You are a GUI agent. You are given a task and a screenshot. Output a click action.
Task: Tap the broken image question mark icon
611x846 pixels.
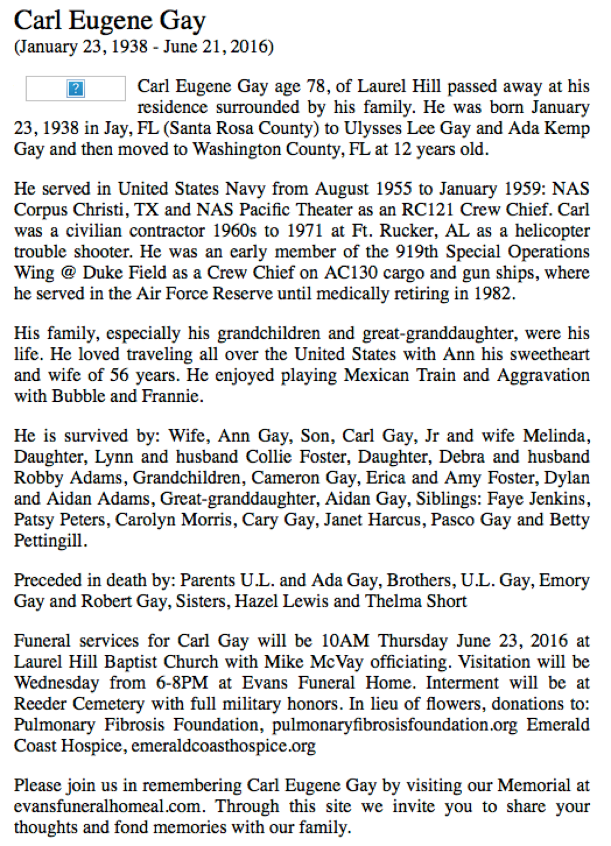[76, 88]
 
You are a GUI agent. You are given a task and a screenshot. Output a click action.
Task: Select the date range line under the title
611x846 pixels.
[143, 47]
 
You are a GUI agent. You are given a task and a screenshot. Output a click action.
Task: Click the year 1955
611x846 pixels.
[396, 189]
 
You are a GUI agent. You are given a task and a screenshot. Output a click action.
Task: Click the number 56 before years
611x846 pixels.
[119, 375]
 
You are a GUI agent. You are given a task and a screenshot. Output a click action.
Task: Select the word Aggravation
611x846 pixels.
[543, 375]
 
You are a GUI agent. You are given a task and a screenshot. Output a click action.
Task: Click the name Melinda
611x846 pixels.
[555, 436]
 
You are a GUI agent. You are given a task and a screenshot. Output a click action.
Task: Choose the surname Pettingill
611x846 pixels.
[49, 541]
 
